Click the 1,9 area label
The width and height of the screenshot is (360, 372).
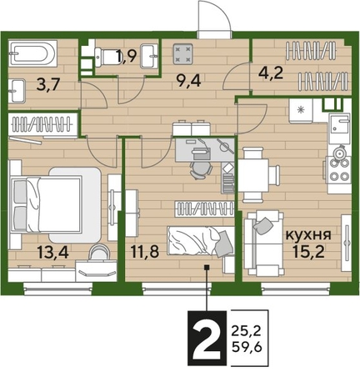[127, 58]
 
